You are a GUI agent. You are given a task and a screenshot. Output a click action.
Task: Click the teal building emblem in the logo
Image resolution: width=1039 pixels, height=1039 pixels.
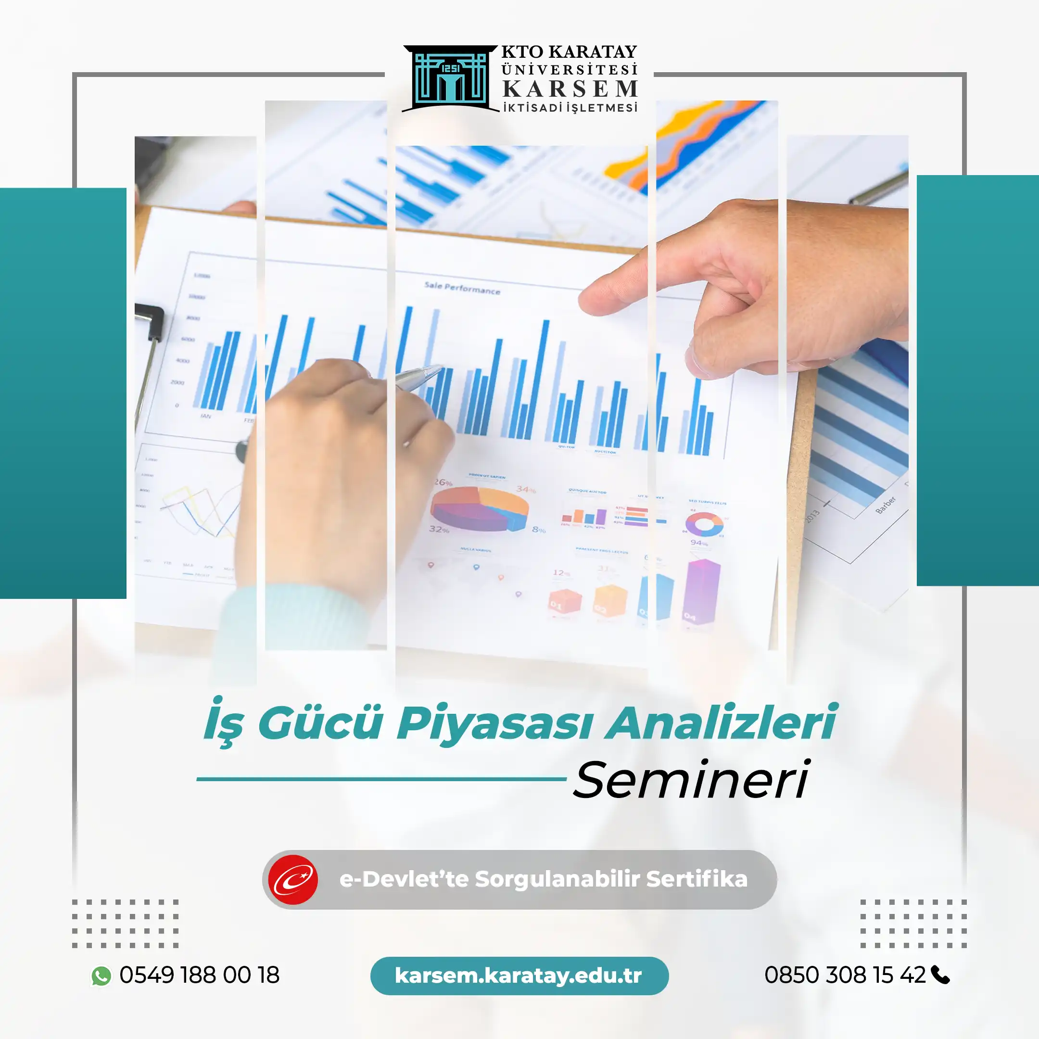click(x=451, y=78)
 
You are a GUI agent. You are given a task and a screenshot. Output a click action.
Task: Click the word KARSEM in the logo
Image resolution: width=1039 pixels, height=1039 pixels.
click(x=570, y=89)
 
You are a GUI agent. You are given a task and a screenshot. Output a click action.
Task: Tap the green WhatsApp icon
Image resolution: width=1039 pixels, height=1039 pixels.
click(x=101, y=976)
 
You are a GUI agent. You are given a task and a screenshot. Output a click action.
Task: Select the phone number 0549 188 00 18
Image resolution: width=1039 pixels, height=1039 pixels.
click(x=200, y=975)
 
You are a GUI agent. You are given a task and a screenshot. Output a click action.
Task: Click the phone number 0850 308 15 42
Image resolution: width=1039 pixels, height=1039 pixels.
click(x=845, y=975)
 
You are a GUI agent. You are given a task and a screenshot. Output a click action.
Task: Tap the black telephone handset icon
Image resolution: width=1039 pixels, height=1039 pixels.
click(x=940, y=975)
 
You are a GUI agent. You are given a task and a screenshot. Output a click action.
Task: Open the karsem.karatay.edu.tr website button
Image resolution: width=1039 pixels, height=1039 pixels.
click(x=519, y=976)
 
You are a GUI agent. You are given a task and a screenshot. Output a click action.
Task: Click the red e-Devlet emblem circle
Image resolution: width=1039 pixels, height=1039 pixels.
click(x=293, y=880)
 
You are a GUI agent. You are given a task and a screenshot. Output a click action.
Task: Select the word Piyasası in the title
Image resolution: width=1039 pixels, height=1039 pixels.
click(x=495, y=723)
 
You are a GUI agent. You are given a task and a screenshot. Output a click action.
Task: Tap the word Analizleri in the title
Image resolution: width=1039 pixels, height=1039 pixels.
click(x=721, y=723)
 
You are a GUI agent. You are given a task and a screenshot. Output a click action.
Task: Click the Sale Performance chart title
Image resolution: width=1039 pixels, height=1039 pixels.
click(x=462, y=288)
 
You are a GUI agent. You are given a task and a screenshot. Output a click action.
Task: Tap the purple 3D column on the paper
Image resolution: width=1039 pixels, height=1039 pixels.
click(x=701, y=592)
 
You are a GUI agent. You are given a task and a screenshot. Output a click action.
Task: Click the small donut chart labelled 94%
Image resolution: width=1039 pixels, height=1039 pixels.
click(x=704, y=524)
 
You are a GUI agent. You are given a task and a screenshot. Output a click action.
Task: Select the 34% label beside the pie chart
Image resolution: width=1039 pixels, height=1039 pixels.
click(x=525, y=489)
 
